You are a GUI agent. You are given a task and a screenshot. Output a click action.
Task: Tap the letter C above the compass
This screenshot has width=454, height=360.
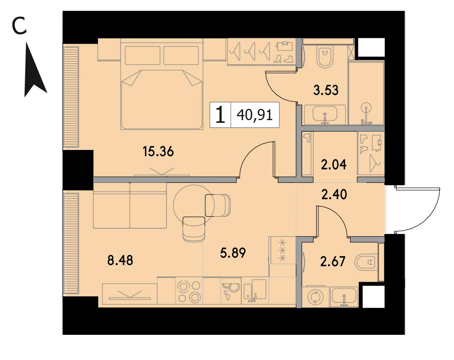click(19, 25)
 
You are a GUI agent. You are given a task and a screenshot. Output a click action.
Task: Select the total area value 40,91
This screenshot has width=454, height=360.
click(255, 115)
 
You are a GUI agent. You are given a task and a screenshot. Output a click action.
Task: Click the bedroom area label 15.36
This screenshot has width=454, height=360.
click(158, 152)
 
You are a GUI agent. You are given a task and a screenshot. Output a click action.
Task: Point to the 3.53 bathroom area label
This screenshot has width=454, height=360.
click(326, 90)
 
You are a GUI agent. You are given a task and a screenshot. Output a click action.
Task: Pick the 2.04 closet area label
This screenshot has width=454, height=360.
click(334, 165)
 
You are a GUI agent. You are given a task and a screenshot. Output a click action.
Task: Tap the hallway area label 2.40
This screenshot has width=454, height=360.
click(334, 194)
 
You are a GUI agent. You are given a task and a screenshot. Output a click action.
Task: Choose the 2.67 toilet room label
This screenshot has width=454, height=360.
click(333, 262)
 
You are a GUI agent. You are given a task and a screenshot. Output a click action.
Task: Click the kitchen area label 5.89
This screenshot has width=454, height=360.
click(233, 253)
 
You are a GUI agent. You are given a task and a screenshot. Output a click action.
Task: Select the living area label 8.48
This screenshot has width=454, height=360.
click(120, 260)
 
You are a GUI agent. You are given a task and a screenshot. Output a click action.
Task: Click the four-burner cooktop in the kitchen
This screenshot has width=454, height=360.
click(189, 292)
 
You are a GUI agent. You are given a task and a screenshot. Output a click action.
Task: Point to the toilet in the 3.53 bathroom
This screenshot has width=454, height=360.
click(325, 56)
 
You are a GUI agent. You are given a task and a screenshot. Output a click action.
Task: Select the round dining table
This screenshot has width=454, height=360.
click(194, 205)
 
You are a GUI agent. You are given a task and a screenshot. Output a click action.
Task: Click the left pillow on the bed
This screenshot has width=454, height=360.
click(143, 55)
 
